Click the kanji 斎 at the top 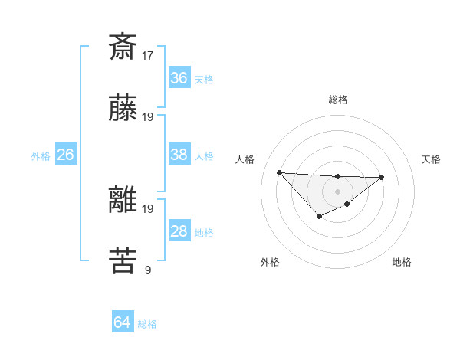pos(123,47)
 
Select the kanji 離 pos(123,200)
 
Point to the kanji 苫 pos(123,260)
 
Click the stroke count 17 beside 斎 pos(148,55)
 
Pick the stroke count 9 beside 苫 pos(148,270)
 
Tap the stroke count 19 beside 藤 pos(148,117)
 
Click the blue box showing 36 pos(179,78)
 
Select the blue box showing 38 pos(179,155)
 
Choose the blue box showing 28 pos(179,231)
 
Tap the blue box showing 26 pos(65,155)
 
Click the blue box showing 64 pos(123,322)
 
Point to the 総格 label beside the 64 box pos(147,324)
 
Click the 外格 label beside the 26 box pos(41,156)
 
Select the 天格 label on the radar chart pos(432,159)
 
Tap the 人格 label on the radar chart pos(245,159)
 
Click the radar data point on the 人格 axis pos(279,172)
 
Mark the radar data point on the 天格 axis pos(382,178)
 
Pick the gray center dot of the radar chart pos(337,191)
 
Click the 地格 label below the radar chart pos(402,262)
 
